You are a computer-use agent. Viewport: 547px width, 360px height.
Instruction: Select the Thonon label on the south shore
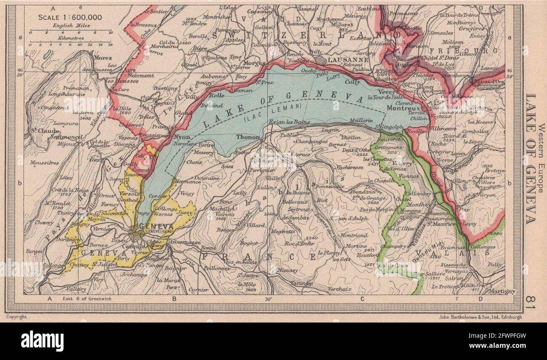coord(248,137)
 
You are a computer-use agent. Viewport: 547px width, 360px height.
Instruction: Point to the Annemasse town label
coord(184,243)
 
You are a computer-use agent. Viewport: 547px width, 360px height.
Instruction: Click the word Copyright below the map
coord(16,317)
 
